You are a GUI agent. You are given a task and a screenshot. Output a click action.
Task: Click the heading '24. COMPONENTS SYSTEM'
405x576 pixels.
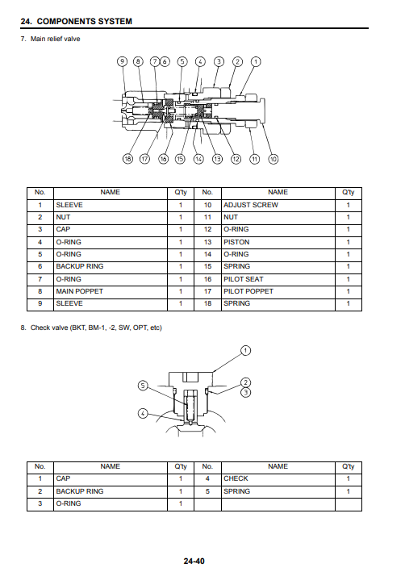76,21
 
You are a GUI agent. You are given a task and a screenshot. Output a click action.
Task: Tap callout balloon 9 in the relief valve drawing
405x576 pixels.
122,61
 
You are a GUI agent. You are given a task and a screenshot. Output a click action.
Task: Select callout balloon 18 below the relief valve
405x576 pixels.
127,159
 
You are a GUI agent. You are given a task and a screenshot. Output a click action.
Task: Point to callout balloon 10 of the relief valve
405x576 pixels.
273,159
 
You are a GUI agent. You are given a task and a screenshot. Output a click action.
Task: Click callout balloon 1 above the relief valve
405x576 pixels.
256,61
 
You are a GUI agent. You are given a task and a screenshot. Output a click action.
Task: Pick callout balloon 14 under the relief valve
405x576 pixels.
198,159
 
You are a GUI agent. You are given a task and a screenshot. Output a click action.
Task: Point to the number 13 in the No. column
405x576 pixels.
207,242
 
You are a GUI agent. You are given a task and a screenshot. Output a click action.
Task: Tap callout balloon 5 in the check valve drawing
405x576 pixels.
143,386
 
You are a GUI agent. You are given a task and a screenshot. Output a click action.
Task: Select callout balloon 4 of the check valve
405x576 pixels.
143,414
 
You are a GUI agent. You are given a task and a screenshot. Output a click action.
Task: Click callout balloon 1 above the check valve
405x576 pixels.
245,350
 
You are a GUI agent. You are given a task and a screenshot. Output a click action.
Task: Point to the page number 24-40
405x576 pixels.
194,561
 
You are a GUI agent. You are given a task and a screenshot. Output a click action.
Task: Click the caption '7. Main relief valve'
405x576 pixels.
50,39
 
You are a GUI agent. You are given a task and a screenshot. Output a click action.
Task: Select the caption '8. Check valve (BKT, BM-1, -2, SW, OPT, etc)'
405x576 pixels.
91,328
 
